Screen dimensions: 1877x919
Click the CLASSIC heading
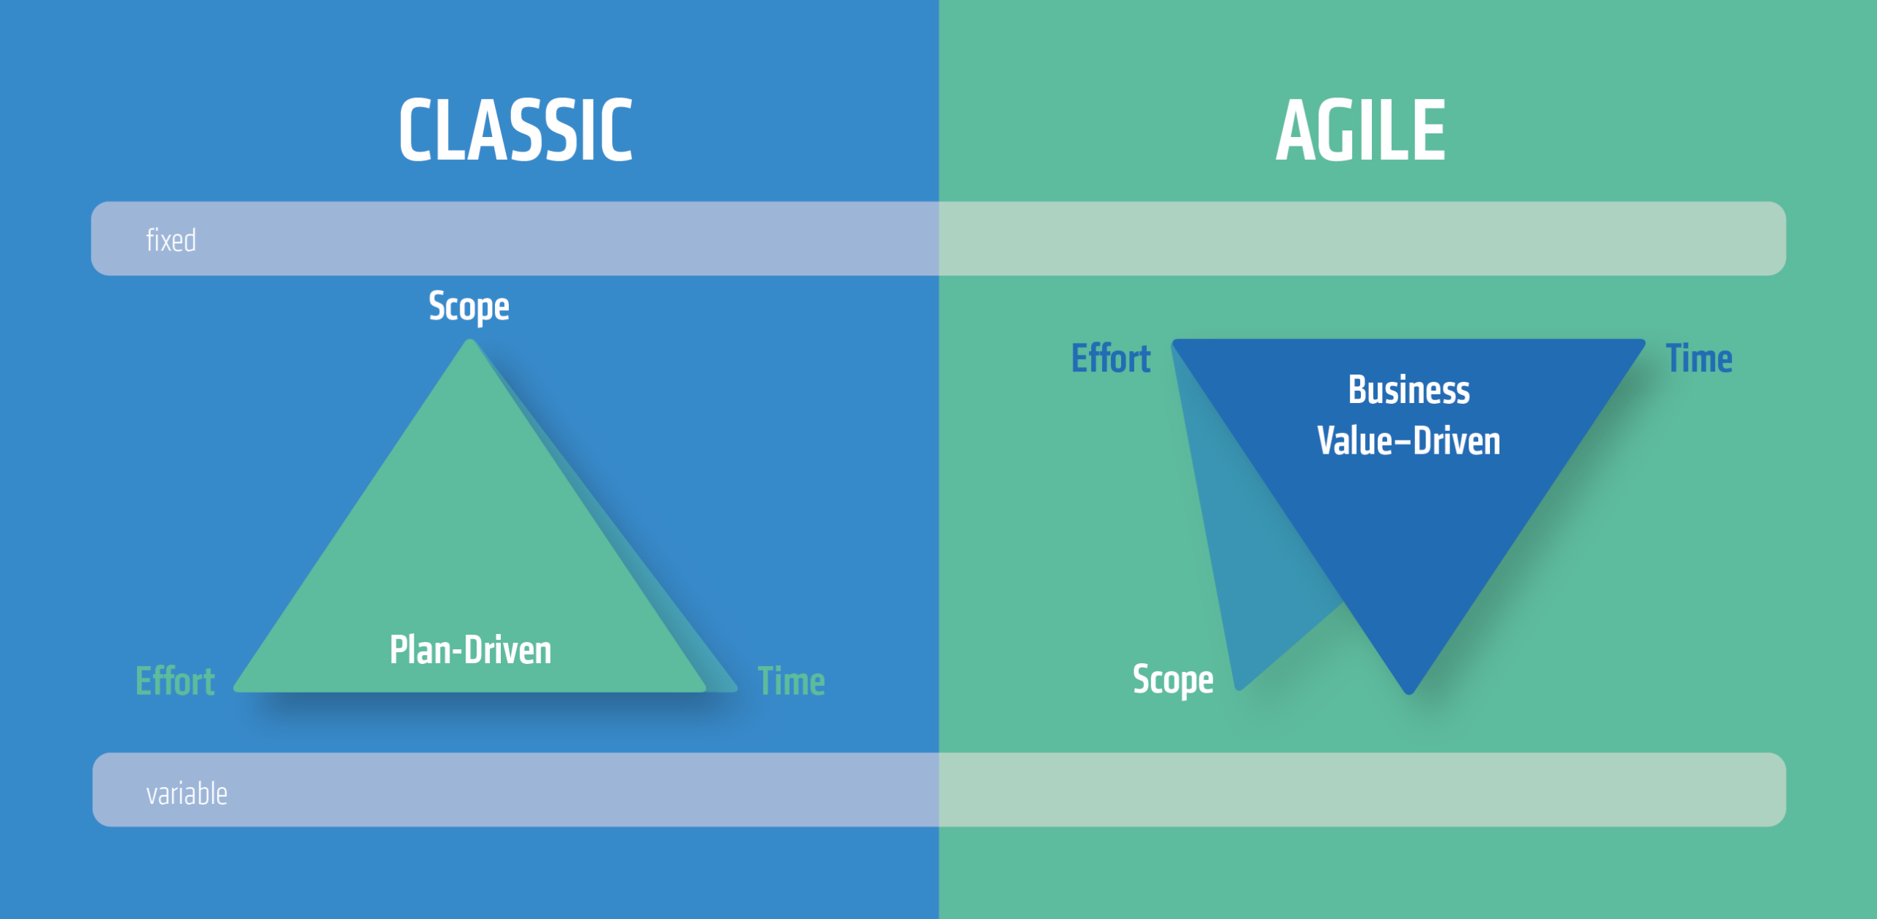(515, 130)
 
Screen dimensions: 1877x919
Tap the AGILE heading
(1361, 130)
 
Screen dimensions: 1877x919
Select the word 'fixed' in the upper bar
(171, 240)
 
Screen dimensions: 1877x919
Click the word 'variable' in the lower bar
(187, 794)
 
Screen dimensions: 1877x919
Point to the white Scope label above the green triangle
(469, 307)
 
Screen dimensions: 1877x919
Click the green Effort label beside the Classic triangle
(175, 682)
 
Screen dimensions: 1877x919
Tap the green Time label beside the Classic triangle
(791, 682)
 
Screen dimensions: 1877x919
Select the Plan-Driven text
(471, 650)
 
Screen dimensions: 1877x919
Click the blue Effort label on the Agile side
(1111, 358)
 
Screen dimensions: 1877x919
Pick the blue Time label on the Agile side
(1700, 358)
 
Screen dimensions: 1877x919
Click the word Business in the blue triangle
(1409, 390)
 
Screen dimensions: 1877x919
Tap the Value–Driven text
(1408, 441)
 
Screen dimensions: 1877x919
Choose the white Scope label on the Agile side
(1173, 680)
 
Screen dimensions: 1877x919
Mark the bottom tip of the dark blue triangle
(1409, 693)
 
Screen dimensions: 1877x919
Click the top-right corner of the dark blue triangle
(1645, 341)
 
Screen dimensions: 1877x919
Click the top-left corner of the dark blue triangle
(1173, 341)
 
